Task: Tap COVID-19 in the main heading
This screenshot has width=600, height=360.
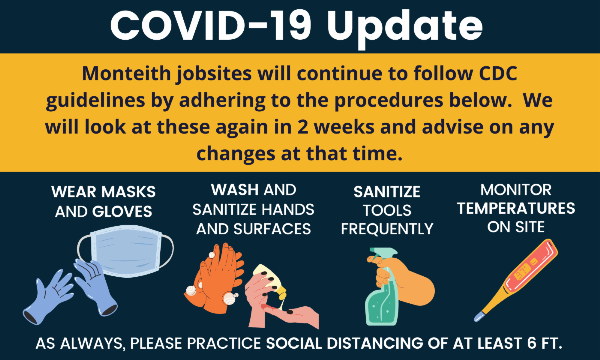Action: [x=211, y=25]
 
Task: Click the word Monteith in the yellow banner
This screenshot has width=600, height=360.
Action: [x=126, y=73]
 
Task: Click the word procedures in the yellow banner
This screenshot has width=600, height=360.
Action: [x=388, y=101]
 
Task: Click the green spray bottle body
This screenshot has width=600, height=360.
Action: [x=381, y=302]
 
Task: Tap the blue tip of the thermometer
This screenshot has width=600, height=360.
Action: [x=479, y=317]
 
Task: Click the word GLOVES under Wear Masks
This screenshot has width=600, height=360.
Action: [x=122, y=212]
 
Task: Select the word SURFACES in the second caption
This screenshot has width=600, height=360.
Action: [x=272, y=229]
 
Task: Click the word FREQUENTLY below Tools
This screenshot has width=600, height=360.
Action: [x=387, y=229]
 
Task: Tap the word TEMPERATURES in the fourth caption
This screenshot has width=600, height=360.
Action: [x=516, y=209]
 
